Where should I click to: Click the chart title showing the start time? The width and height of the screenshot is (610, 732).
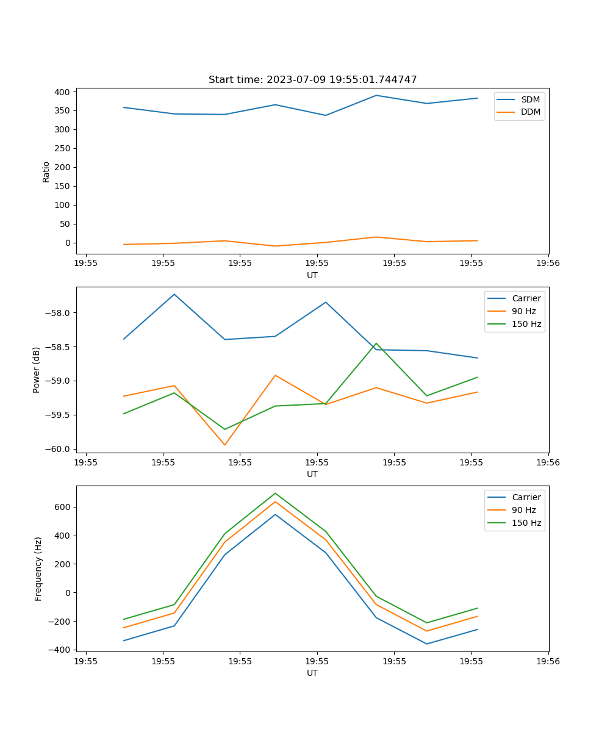click(x=312, y=80)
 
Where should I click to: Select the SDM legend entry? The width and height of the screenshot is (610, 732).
click(x=530, y=99)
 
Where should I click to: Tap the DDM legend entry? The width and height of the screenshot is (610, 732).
click(x=530, y=112)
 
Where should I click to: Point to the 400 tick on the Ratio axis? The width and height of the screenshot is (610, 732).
click(x=63, y=92)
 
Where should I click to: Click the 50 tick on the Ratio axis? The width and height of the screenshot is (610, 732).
click(x=65, y=224)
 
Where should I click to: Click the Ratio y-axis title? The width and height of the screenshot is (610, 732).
click(x=46, y=171)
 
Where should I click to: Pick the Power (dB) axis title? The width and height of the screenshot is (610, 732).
click(x=37, y=370)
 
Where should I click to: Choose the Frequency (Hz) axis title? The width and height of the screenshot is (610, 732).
click(x=38, y=569)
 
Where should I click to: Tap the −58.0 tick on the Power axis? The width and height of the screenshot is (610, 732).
click(x=60, y=313)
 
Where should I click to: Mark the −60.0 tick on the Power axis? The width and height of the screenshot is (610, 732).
click(x=60, y=449)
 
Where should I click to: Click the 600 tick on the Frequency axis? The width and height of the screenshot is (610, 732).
click(x=63, y=507)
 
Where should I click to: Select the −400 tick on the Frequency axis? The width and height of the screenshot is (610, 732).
click(x=60, y=650)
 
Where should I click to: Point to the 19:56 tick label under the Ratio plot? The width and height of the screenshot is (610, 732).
click(x=548, y=264)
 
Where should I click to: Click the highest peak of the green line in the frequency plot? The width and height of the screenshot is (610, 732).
click(x=275, y=493)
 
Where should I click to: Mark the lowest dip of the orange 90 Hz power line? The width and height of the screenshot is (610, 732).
click(x=224, y=445)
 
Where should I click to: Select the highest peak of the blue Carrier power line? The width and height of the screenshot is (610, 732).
click(x=174, y=294)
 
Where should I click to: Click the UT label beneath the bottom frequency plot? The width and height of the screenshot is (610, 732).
click(x=312, y=673)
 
